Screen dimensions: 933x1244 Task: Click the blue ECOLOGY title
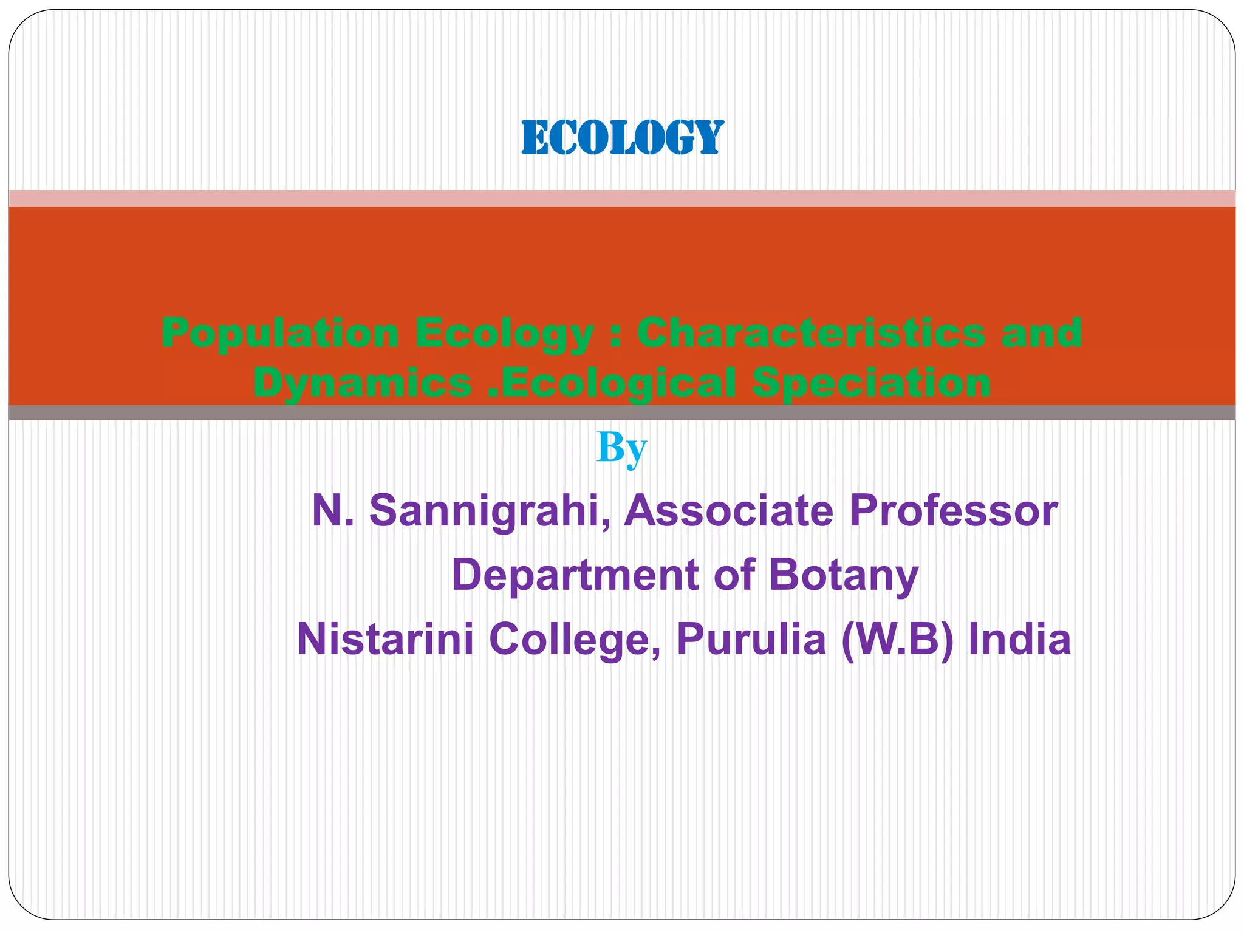[622, 138]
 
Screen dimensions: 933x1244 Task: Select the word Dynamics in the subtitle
[363, 383]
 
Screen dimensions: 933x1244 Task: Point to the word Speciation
[871, 383]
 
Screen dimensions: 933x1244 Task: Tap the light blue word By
[621, 448]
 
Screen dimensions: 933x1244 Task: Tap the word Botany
[844, 575]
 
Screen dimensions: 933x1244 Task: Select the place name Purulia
[751, 639]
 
